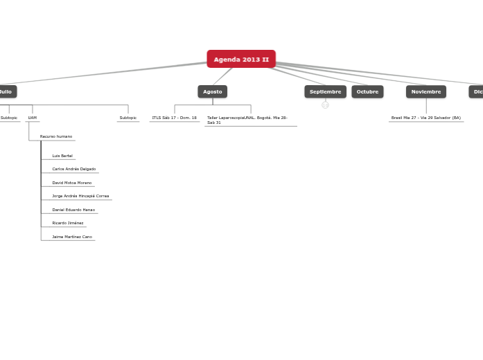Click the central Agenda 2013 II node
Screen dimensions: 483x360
(x=241, y=60)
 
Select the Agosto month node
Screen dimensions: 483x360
(x=212, y=91)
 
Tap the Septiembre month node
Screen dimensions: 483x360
(x=325, y=91)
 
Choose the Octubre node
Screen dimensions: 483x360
(x=367, y=91)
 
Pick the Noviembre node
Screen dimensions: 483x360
(x=425, y=91)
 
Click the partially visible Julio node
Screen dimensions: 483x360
(x=6, y=91)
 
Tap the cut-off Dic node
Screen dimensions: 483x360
(x=477, y=91)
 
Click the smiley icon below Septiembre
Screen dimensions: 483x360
(x=325, y=105)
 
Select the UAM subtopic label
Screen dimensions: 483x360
(x=33, y=118)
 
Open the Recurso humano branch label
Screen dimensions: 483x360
(x=56, y=136)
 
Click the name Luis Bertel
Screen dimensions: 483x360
(x=62, y=156)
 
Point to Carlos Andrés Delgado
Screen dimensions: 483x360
(x=74, y=169)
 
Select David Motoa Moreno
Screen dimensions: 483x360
(x=72, y=183)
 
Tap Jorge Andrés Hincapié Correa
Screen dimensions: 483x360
(x=80, y=196)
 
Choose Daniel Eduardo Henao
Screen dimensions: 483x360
(x=73, y=210)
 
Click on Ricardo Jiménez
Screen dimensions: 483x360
(x=68, y=223)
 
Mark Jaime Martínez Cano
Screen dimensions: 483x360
(x=72, y=237)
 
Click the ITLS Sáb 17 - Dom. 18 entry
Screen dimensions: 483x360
(x=175, y=118)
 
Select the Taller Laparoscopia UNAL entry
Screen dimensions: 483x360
(x=247, y=120)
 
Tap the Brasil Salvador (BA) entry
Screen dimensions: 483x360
(x=425, y=118)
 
